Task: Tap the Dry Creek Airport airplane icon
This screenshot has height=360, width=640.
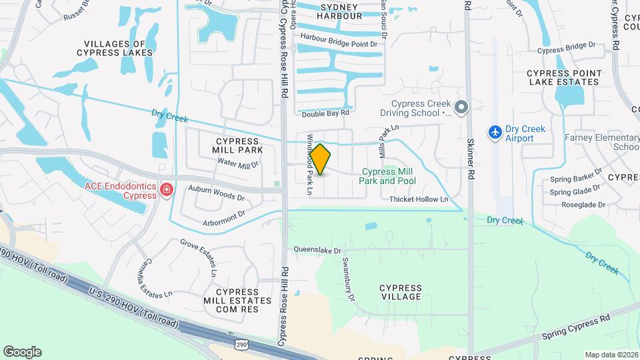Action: point(495,133)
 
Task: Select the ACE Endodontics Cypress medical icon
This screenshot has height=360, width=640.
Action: point(166,191)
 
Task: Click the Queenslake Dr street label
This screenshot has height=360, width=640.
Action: point(319,251)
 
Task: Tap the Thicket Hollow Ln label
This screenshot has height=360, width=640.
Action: point(418,199)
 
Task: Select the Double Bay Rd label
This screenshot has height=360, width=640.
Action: point(325,114)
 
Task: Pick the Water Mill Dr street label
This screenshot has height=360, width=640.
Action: point(238,164)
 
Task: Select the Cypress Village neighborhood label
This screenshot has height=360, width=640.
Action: point(400,292)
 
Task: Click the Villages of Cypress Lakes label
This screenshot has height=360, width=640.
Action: point(115,48)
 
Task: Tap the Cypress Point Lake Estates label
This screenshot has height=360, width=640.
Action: point(564,77)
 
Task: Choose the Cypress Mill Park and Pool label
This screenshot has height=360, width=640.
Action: point(387,176)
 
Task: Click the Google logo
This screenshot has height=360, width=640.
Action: point(22,352)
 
